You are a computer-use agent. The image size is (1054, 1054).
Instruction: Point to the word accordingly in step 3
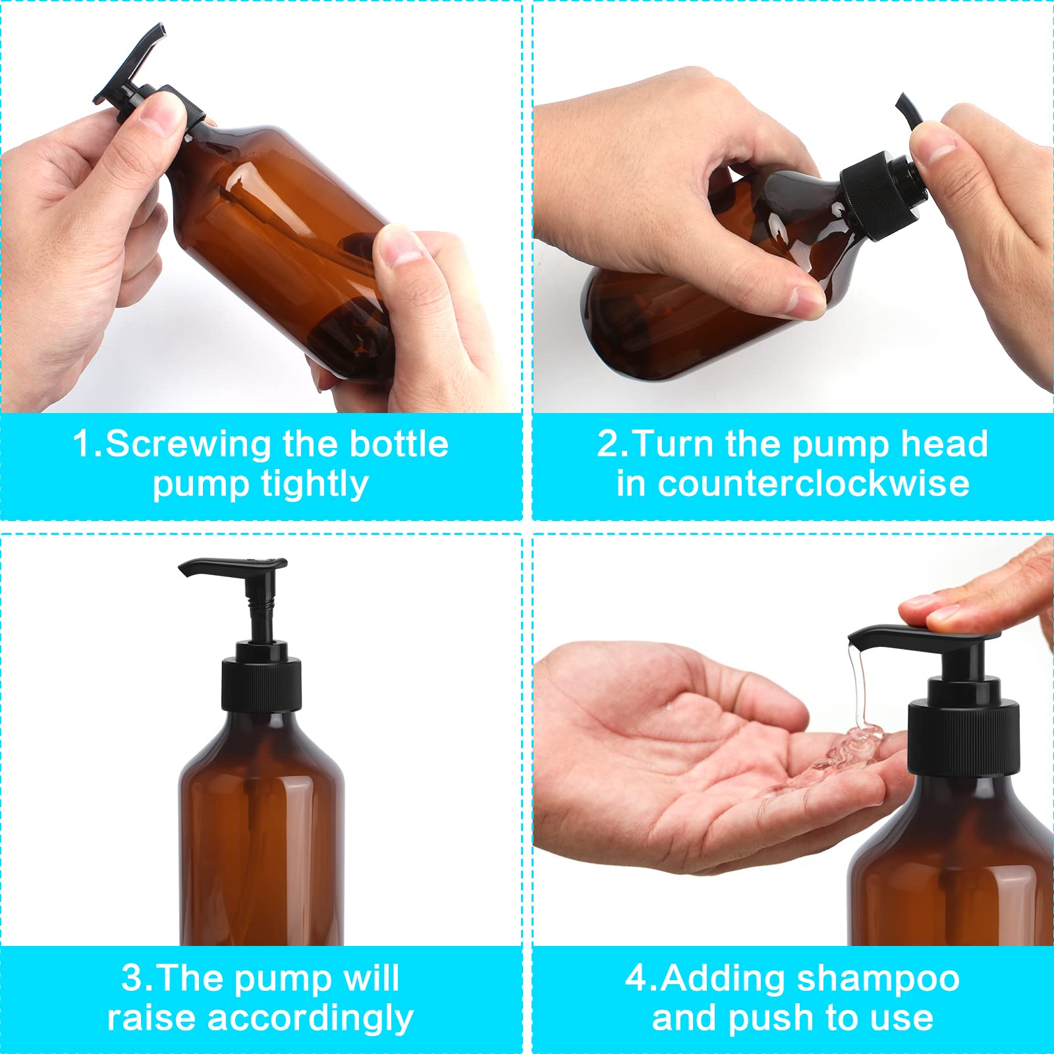pos(310,1018)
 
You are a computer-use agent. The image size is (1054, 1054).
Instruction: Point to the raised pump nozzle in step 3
pos(233,567)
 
